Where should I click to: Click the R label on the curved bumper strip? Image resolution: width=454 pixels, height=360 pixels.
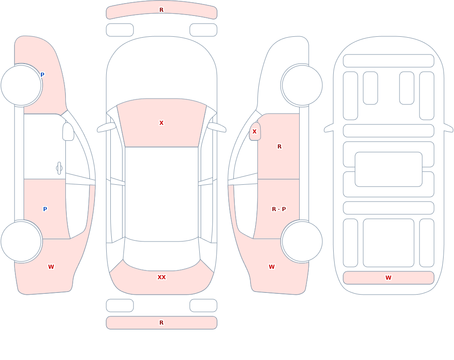161,10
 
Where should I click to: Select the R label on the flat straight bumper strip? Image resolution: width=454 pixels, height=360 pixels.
161,323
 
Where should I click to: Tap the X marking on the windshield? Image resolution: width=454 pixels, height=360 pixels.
161,123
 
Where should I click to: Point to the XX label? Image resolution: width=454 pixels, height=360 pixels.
161,277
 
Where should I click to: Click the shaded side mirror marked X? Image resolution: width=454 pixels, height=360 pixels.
255,132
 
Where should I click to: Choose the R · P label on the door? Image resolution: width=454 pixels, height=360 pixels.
279,209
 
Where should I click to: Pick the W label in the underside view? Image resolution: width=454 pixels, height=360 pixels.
388,278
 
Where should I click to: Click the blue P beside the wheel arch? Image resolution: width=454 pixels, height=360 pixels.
42,75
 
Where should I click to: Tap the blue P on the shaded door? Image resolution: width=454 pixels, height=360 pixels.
45,209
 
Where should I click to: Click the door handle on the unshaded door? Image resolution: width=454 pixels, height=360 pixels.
59,168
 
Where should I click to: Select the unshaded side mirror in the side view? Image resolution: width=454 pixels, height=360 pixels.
68,132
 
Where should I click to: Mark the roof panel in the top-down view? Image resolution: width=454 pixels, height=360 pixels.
162,193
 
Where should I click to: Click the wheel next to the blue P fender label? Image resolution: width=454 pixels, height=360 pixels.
21,85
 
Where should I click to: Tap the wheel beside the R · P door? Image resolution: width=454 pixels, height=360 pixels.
302,241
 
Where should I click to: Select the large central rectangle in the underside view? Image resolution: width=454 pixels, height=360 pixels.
388,169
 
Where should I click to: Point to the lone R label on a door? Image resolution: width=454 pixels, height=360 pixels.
279,147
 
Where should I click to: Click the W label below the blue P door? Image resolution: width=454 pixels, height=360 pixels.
51,267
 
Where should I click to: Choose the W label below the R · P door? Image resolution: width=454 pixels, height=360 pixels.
271,267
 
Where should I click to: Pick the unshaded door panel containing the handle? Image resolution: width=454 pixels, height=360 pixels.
44,146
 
